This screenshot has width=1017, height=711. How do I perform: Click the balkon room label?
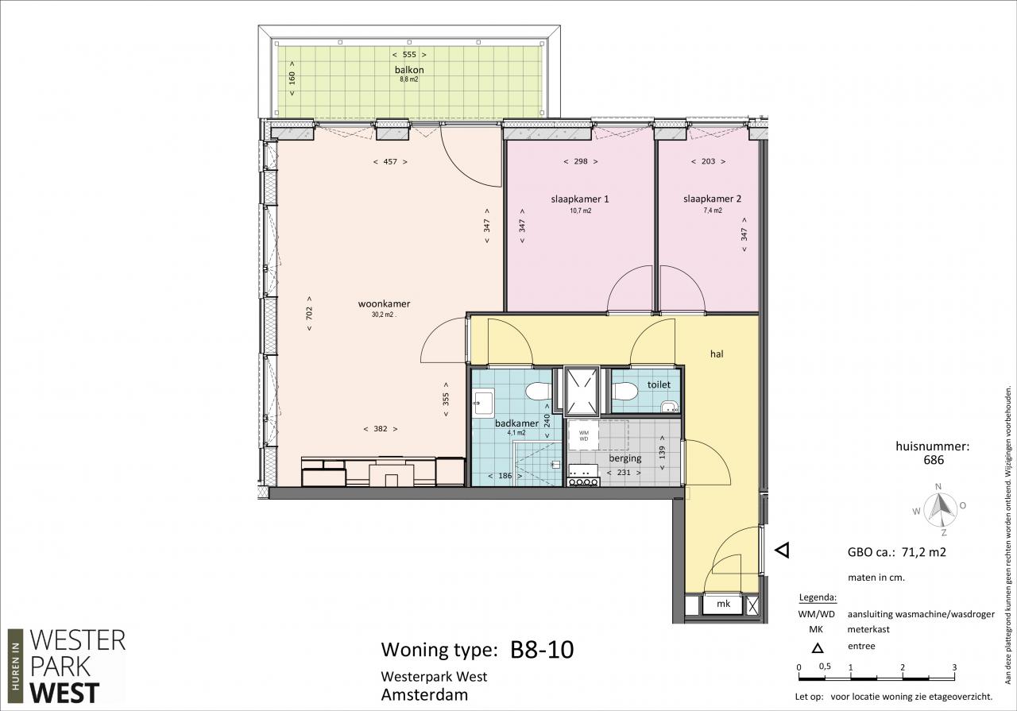point(409,70)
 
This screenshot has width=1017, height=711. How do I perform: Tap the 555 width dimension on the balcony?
point(409,55)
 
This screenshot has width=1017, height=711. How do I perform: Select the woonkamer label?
point(384,303)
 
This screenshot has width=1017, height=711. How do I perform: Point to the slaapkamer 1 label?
point(580,199)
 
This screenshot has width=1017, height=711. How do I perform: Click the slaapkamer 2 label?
point(713,199)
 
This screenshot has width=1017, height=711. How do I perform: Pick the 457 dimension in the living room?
point(390,161)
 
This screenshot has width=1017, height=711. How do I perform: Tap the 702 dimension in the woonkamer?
point(309,312)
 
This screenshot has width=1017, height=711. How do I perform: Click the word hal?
point(717,354)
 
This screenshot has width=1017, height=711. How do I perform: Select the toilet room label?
point(659,385)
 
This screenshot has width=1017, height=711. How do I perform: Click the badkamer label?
point(516,423)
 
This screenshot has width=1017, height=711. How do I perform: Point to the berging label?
point(625,458)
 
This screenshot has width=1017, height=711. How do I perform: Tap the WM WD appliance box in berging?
point(584,436)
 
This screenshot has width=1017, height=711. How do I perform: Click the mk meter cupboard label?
point(723,604)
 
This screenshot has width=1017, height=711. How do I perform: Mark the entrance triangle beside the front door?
point(783,551)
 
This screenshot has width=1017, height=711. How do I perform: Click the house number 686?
point(934,460)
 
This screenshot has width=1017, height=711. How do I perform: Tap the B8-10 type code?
point(542,650)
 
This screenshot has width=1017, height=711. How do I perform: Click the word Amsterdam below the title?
point(424,695)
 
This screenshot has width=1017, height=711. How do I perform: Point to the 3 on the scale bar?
point(954,667)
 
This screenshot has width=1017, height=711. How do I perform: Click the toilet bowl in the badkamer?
point(538,392)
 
